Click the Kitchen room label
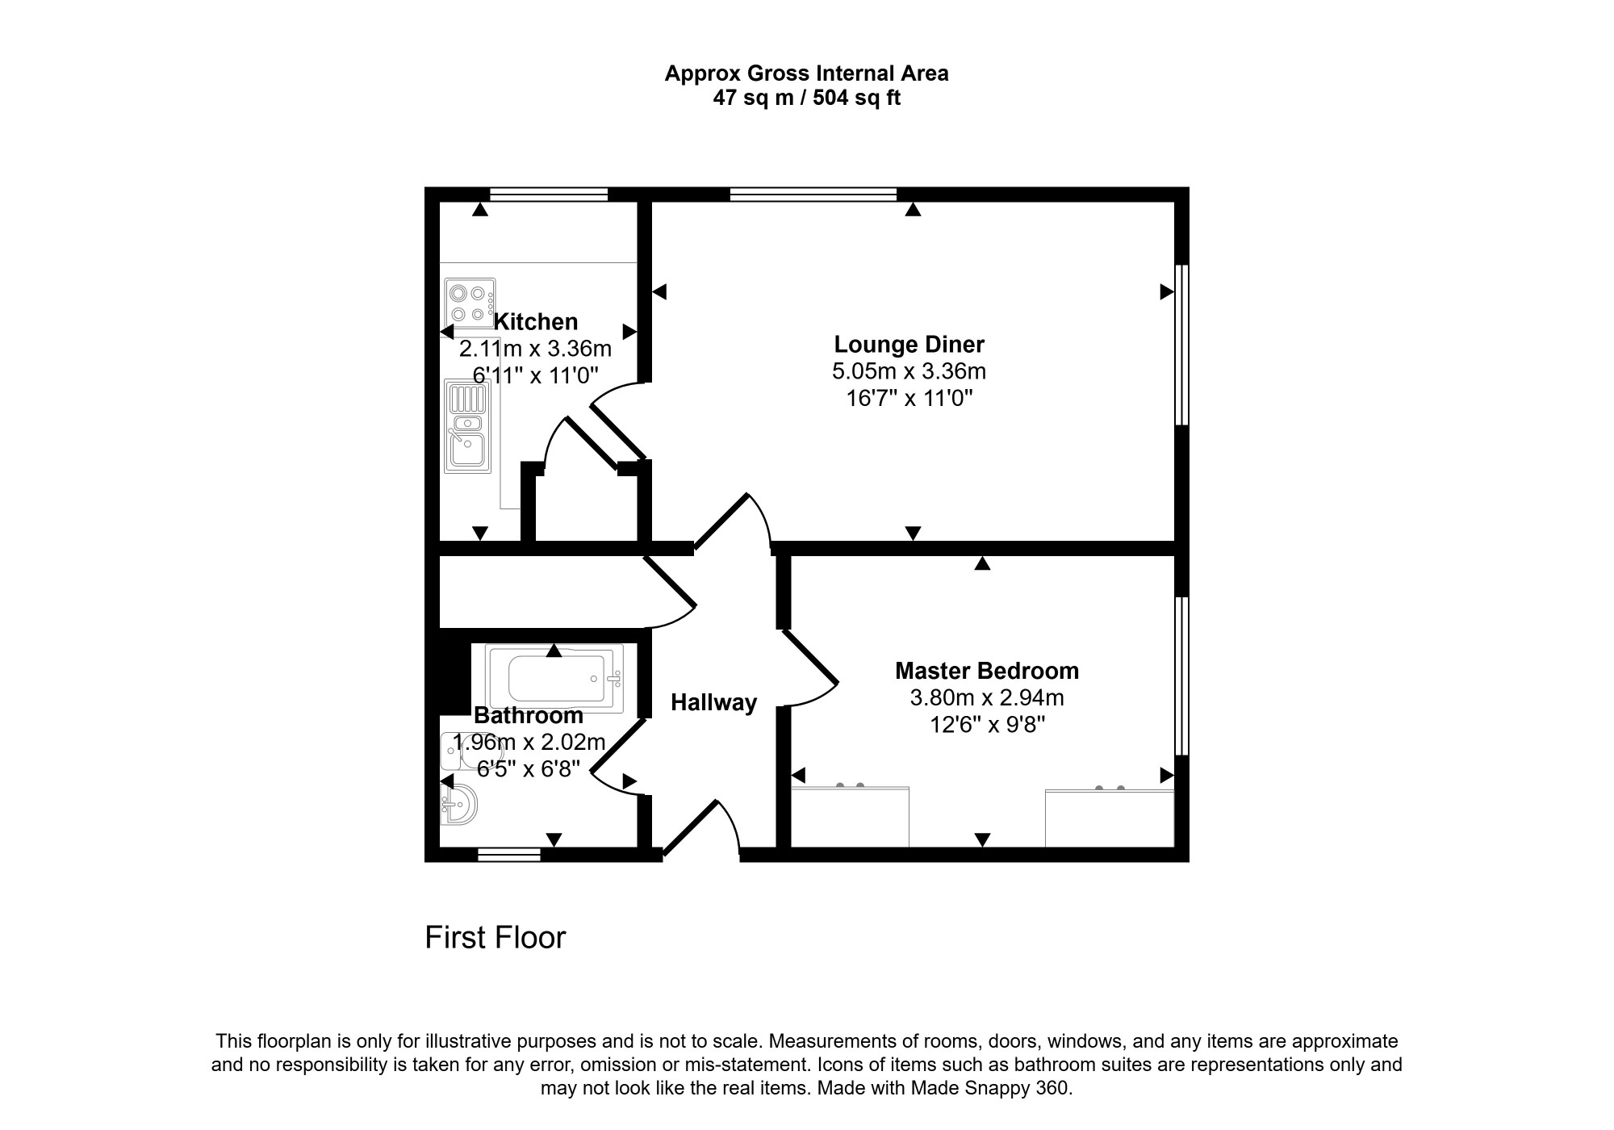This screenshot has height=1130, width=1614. click(536, 322)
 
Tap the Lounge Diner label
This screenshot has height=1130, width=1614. click(909, 345)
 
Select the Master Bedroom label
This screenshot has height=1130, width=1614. click(987, 671)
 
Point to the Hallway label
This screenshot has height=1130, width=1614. click(714, 703)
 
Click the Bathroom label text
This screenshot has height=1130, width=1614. click(529, 715)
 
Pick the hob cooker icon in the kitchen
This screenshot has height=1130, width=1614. click(470, 303)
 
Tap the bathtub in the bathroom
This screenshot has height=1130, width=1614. click(554, 679)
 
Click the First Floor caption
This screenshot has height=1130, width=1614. click(495, 938)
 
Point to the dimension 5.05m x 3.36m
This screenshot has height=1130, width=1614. click(909, 371)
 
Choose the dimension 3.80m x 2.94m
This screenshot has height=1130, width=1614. click(987, 697)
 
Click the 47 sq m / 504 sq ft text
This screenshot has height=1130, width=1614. click(807, 98)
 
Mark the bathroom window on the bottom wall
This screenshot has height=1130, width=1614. click(509, 855)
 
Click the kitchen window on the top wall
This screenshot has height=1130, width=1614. click(549, 194)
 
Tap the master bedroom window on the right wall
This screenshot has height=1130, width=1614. click(1181, 676)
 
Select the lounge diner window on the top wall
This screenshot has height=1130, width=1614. click(813, 194)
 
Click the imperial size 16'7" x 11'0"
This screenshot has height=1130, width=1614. click(909, 398)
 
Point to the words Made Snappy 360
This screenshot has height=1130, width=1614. click(990, 1088)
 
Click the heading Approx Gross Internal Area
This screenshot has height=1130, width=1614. click(807, 74)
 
